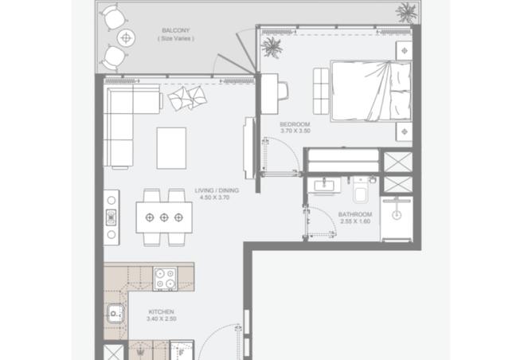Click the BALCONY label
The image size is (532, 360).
[176, 30]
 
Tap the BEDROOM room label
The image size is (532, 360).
[295, 124]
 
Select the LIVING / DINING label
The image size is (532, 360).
[217, 190]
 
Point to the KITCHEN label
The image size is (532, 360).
[161, 312]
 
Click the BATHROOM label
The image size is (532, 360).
[355, 214]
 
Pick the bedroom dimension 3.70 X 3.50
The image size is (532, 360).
[295, 131]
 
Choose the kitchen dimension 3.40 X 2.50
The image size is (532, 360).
[162, 319]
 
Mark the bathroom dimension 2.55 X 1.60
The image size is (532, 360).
[355, 221]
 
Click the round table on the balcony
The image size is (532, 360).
[126, 37]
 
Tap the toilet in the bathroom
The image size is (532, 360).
[360, 190]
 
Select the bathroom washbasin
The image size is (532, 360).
[324, 186]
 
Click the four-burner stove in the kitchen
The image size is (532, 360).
[165, 279]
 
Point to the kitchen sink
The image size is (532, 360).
[115, 313]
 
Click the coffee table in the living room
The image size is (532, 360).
[171, 148]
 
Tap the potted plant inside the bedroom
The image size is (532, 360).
[272, 48]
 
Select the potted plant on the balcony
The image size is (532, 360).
[406, 13]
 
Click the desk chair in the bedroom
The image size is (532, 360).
[284, 91]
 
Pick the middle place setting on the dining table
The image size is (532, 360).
[164, 217]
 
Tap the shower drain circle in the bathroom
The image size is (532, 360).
[397, 215]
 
